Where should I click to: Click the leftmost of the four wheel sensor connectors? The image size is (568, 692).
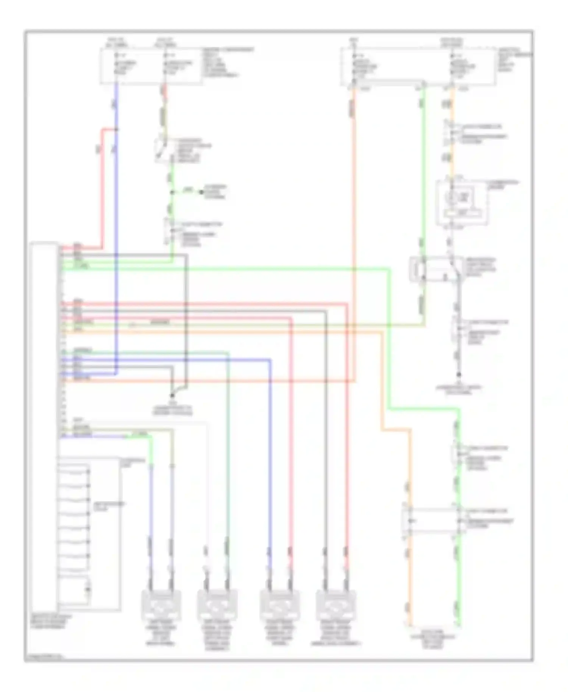[161, 605]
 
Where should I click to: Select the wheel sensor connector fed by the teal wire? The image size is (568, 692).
[217, 605]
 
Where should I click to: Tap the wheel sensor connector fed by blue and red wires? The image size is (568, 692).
[280, 605]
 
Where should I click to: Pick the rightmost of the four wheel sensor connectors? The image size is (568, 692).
[335, 605]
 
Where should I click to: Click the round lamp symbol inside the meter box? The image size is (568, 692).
[452, 197]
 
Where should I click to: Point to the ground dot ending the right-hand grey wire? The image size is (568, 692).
[458, 375]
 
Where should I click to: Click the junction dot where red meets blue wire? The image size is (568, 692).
[116, 130]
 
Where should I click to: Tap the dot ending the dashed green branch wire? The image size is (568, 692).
[202, 192]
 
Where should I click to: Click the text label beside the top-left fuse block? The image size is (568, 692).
[227, 62]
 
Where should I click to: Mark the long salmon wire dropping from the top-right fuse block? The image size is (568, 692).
[353, 227]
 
